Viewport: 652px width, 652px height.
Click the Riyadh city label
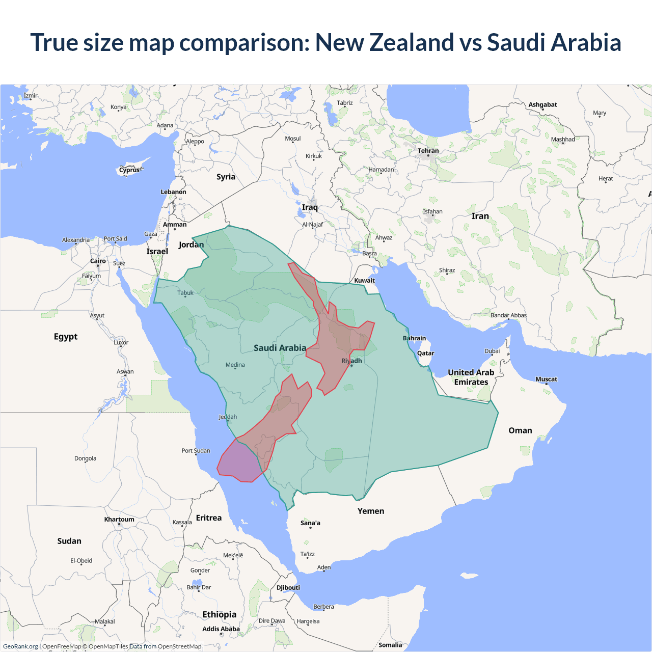coord(351,361)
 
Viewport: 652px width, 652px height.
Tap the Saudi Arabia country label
coord(280,348)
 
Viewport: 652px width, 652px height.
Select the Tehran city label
coord(428,151)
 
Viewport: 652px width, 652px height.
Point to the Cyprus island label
coord(129,170)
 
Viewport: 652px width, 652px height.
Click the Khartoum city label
coord(119,520)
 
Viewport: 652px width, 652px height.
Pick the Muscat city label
coord(546,379)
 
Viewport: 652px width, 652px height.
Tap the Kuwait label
coord(364,280)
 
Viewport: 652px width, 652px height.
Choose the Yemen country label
coord(371,511)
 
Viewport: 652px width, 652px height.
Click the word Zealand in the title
coord(411,42)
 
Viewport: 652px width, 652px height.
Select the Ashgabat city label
coord(542,104)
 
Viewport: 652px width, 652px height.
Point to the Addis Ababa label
coord(221,629)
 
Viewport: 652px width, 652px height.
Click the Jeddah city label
coord(228,417)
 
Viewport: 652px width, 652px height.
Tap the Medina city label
coord(235,365)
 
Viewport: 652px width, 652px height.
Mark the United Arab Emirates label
coord(471,377)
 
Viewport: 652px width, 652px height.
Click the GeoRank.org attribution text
coord(20,646)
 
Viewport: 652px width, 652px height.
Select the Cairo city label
coord(98,261)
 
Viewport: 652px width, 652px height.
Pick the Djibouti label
coord(288,587)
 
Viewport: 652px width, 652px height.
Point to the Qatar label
coord(425,353)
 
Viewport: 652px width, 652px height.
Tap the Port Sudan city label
coord(196,450)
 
